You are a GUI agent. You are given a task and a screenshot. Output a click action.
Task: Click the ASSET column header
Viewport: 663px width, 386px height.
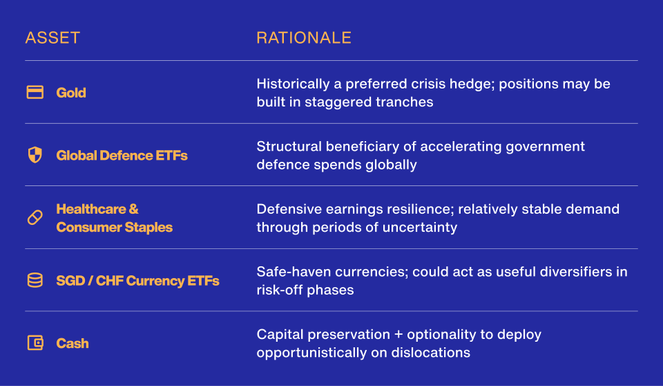(x=53, y=38)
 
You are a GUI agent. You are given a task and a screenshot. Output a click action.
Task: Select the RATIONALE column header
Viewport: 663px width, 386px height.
(x=304, y=38)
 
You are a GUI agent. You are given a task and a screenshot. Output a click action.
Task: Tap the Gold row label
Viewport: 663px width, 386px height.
(x=71, y=93)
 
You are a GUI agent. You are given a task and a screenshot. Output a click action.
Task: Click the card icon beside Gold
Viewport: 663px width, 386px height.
(x=35, y=93)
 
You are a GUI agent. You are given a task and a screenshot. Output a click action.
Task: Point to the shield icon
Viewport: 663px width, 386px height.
(x=35, y=155)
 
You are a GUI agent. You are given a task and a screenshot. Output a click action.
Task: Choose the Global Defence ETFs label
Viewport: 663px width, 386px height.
(x=122, y=156)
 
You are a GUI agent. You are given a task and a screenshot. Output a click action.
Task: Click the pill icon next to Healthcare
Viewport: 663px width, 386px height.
(x=35, y=218)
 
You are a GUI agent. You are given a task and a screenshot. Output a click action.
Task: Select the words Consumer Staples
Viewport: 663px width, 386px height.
(x=115, y=227)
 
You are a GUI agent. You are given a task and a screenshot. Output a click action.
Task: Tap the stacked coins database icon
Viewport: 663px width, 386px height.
(x=35, y=280)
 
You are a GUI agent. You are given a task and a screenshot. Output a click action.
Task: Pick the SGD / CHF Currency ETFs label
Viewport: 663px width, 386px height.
(x=138, y=281)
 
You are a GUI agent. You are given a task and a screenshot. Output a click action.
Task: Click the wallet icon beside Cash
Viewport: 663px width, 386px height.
(x=35, y=343)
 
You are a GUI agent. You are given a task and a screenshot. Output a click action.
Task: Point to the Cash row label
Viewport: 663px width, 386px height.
(x=73, y=343)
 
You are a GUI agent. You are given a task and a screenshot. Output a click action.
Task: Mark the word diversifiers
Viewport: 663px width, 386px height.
(x=577, y=272)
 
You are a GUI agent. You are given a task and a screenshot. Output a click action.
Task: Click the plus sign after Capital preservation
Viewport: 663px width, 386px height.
(x=398, y=335)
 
